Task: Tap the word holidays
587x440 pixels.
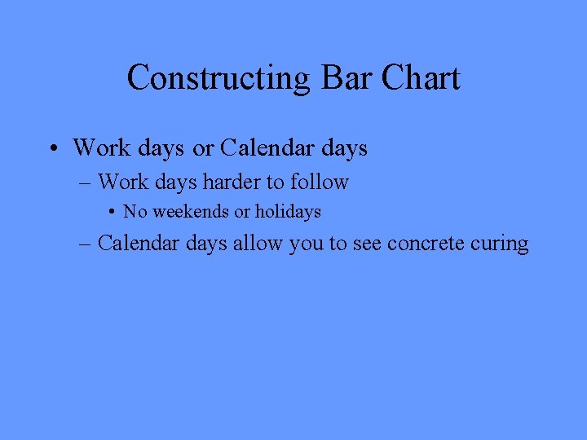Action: [288, 212]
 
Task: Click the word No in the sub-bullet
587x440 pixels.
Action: [135, 212]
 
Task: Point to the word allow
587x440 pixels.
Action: [258, 243]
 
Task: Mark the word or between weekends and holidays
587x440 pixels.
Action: [242, 212]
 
